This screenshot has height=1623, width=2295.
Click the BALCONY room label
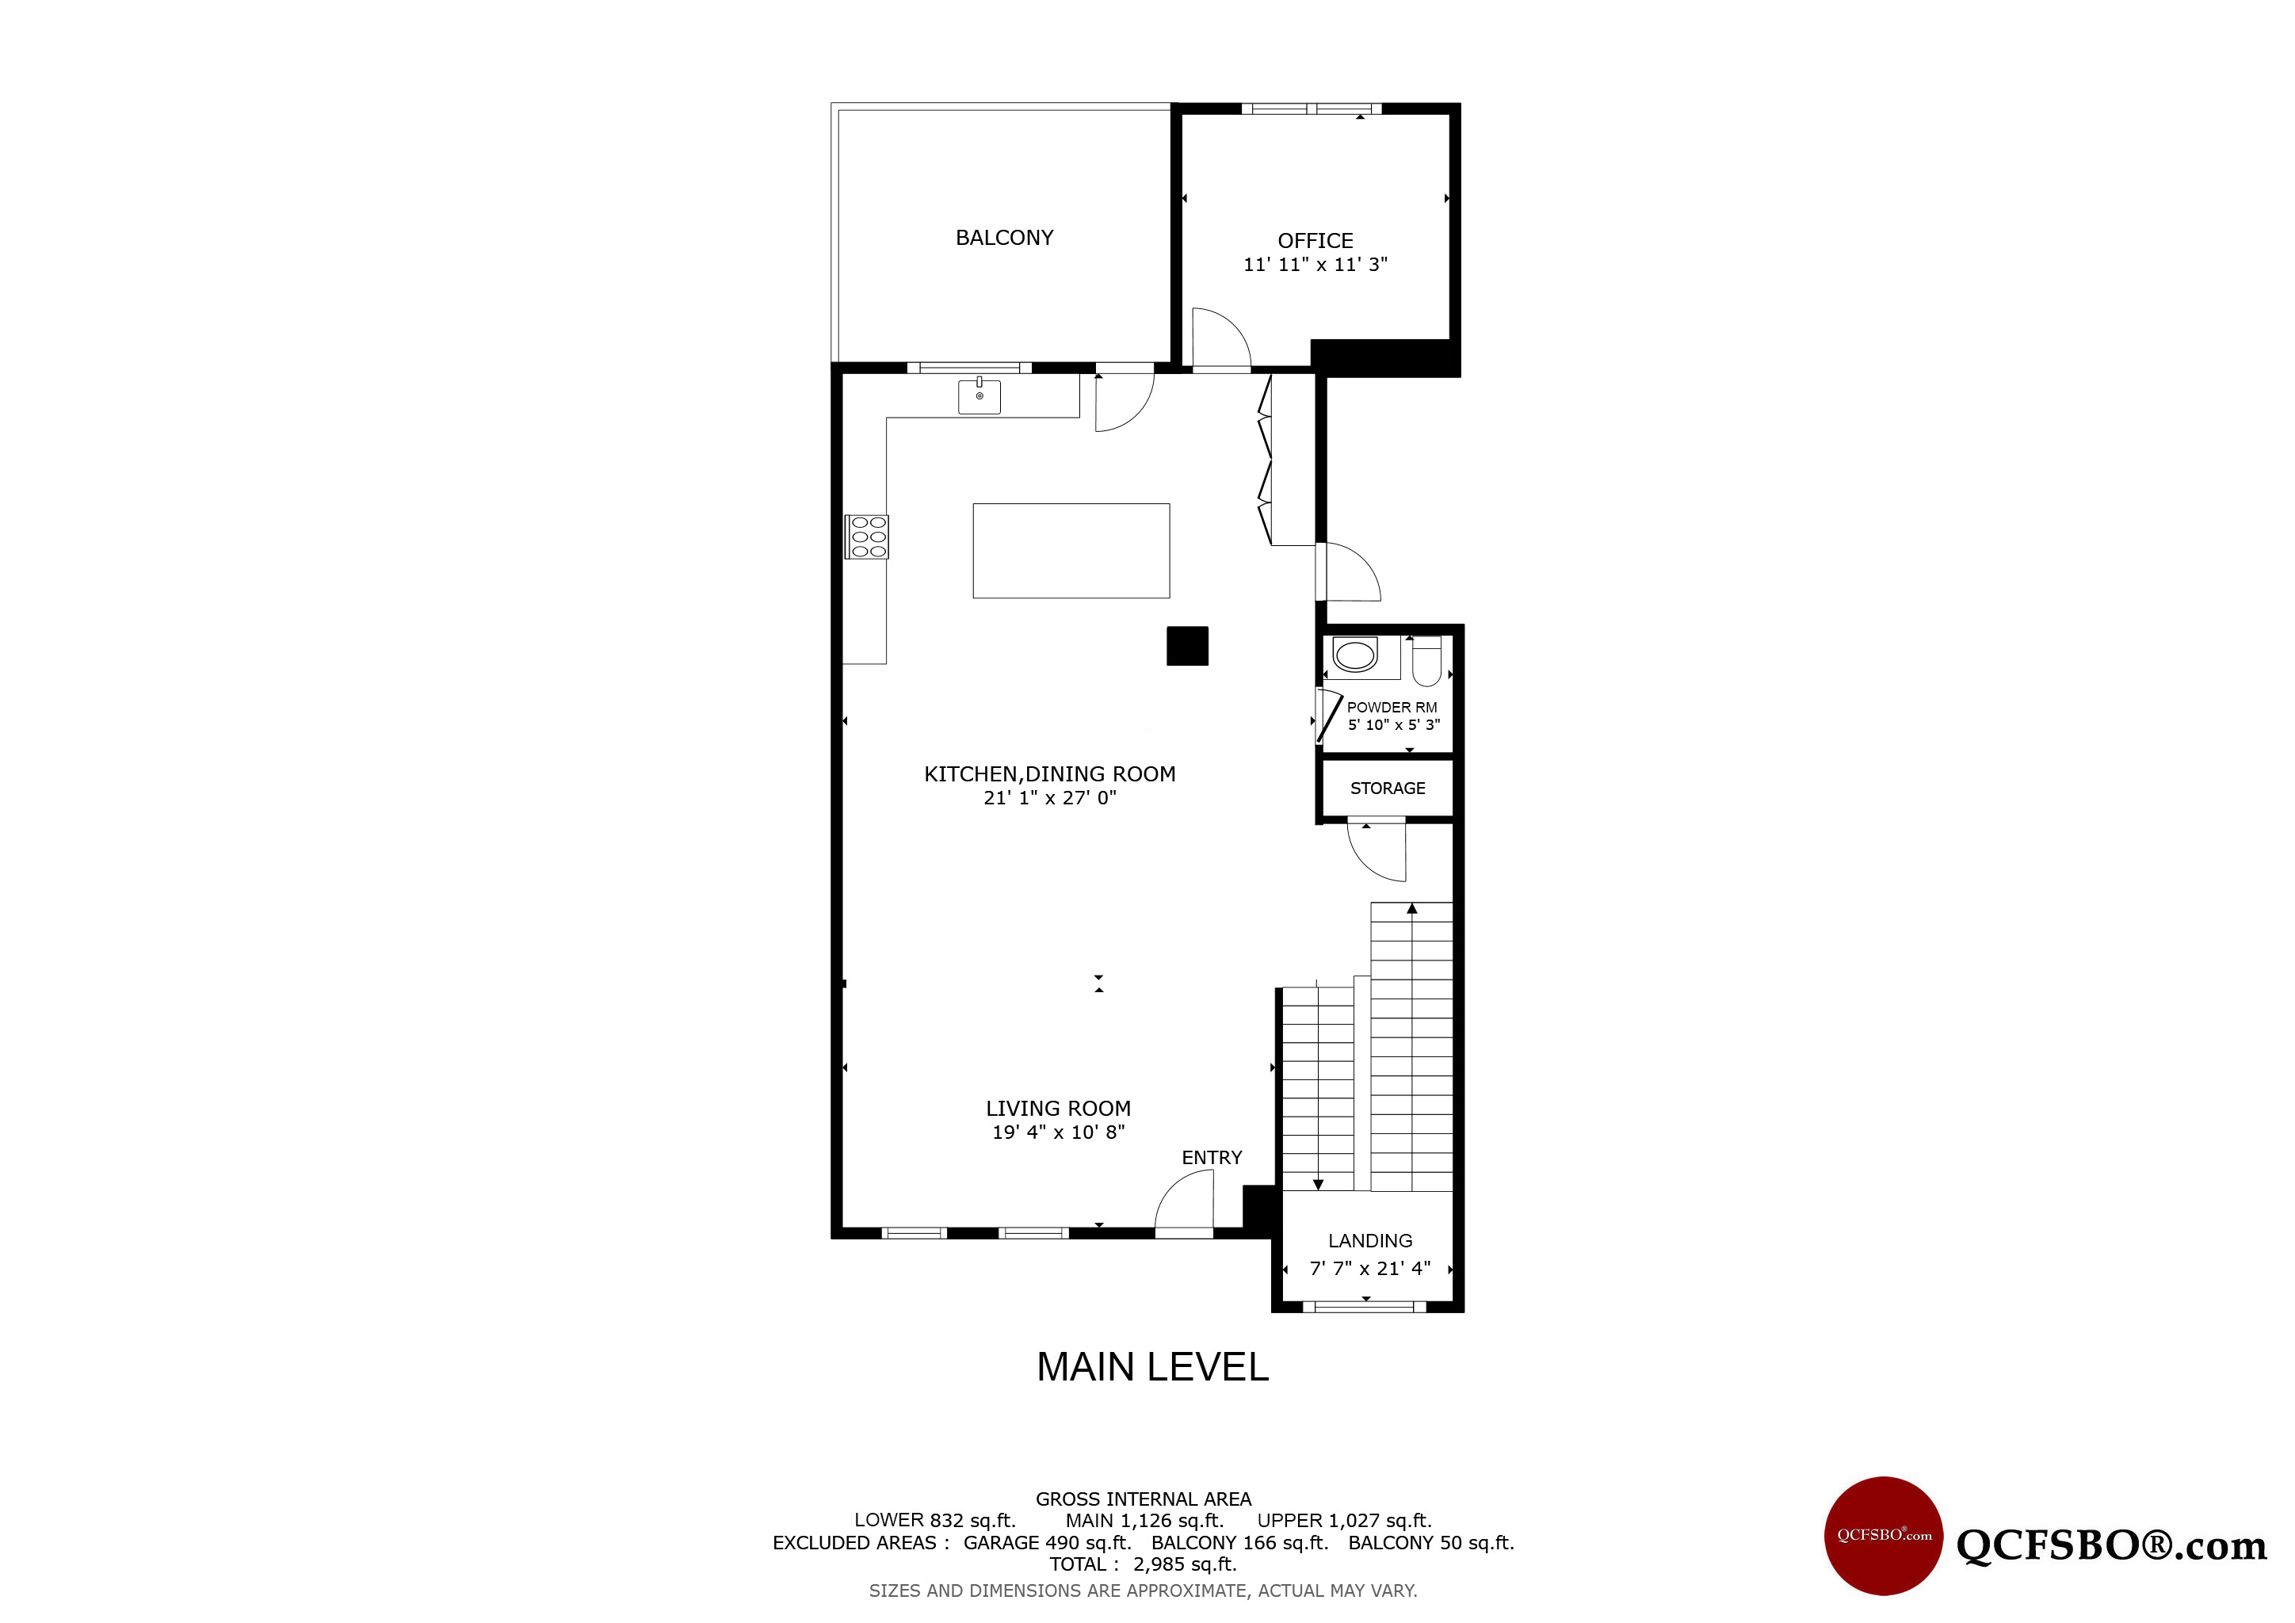coord(1005,238)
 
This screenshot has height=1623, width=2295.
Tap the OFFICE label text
coord(1316,241)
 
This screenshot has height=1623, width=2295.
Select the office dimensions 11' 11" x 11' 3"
coord(1316,265)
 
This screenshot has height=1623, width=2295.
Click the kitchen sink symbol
coord(979,395)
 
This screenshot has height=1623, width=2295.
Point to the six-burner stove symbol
coord(867,537)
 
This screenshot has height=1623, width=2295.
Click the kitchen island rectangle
coord(1071,551)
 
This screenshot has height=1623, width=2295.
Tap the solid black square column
coord(1187,646)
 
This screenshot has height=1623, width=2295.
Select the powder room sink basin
coord(1355,655)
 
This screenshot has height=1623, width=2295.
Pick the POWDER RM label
coord(1392,708)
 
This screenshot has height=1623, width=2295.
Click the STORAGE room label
coord(1388,789)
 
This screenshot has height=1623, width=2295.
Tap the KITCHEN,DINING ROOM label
coord(1049,774)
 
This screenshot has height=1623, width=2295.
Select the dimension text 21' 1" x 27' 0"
coord(1049,797)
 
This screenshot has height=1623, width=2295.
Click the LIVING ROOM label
coord(1059,1109)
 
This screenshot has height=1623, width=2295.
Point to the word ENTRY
coord(1212,1157)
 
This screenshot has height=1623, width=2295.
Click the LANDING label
coord(1370,1240)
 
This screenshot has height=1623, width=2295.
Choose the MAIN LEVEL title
coord(1152,1367)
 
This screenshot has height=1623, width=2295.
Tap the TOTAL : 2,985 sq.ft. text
coord(1144,1564)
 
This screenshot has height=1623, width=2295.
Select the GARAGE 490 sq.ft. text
coord(1048,1543)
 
